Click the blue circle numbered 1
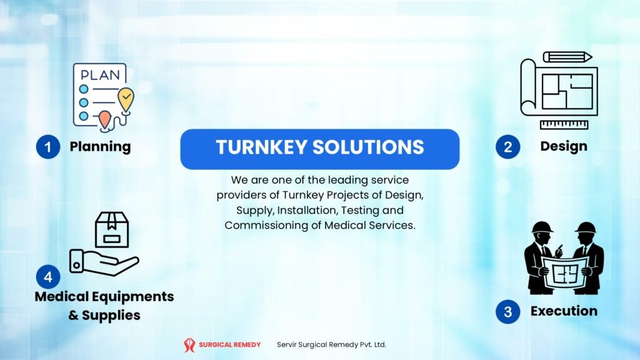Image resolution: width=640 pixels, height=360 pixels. click(47, 147)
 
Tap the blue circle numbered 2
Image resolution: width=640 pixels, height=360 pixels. click(507, 147)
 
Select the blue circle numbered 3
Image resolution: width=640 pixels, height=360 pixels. click(507, 311)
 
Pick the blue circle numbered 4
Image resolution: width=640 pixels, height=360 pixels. click(47, 276)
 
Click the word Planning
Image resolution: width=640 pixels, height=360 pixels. click(100, 147)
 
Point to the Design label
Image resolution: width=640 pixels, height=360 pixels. click(564, 146)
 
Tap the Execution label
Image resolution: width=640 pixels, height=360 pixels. click(564, 311)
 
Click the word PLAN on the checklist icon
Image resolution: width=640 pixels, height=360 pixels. click(100, 75)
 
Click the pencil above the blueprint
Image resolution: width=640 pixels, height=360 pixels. click(567, 57)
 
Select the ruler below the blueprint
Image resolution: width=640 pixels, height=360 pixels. click(564, 124)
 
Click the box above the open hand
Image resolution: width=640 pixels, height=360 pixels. click(111, 229)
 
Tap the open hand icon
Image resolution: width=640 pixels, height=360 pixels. click(103, 261)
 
